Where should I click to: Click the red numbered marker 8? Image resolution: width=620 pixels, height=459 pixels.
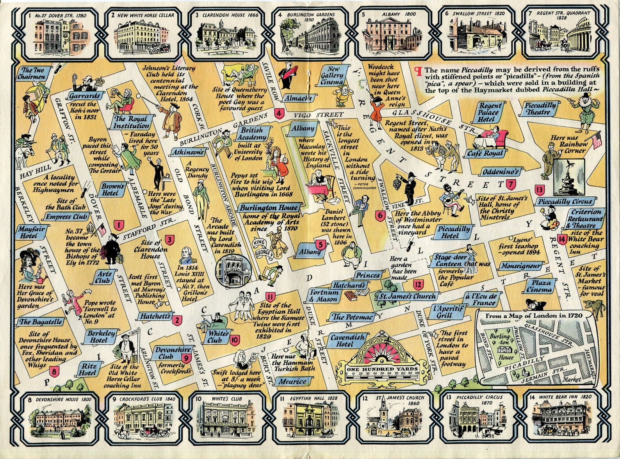54,371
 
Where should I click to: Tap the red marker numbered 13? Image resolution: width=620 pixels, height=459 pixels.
540,190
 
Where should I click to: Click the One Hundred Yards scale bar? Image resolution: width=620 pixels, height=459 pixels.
382,372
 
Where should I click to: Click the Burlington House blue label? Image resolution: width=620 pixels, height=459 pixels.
269,208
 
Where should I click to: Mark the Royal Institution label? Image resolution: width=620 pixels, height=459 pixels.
131,122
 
